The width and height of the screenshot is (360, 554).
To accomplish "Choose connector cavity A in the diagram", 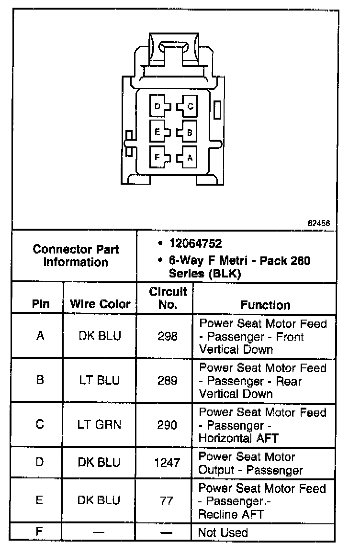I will pyautogui.click(x=189, y=157).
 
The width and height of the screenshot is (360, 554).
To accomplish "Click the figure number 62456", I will pyautogui.click(x=319, y=223).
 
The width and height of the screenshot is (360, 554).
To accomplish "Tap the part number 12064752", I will pyautogui.click(x=196, y=244).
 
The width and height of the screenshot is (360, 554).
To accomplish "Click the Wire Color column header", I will pyautogui.click(x=100, y=304).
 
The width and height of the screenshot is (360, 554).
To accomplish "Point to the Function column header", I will pyautogui.click(x=265, y=305).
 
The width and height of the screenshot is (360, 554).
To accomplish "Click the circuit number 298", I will pyautogui.click(x=168, y=336).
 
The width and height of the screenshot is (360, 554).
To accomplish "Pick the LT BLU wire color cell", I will pyautogui.click(x=100, y=380).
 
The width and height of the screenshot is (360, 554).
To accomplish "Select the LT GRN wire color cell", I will pyautogui.click(x=100, y=425).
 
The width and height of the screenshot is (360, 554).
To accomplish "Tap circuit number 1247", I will pyautogui.click(x=168, y=463).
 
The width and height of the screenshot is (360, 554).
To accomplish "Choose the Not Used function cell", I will pyautogui.click(x=223, y=532).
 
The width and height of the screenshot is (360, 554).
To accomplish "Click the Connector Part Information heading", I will pyautogui.click(x=76, y=256).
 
